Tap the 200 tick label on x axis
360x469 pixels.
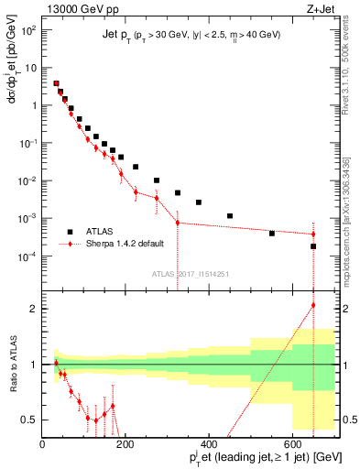coord(125,442)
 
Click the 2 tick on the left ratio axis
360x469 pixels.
coord(35,308)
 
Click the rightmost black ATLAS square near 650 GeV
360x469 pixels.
coord(313,246)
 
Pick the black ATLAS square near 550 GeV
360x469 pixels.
coord(271,233)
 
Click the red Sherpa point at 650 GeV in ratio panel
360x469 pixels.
coord(313,305)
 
